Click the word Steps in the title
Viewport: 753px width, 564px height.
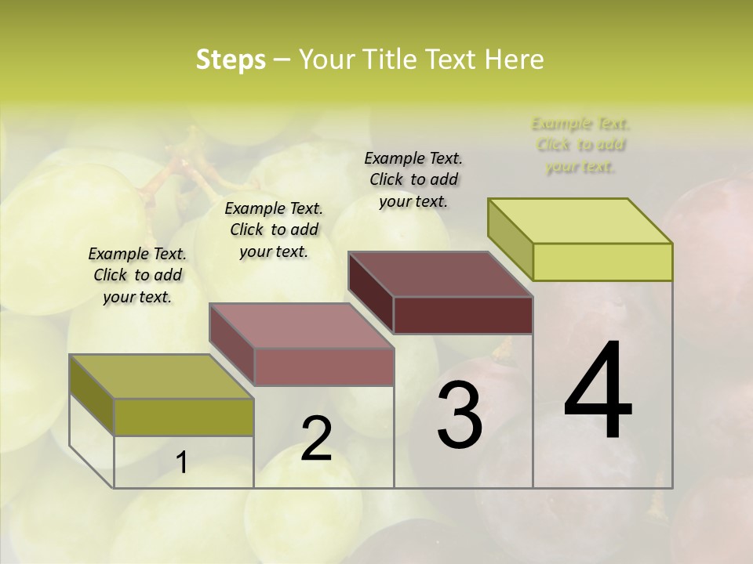pos(231,60)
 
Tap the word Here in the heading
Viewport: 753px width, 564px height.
pos(515,60)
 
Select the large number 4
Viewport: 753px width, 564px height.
pos(598,392)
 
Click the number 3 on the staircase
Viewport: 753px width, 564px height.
pos(460,416)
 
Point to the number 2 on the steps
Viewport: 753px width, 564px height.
pos(316,439)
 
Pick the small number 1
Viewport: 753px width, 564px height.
pos(182,463)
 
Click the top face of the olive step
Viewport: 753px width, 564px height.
pos(162,376)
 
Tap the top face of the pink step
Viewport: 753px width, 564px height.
pos(301,326)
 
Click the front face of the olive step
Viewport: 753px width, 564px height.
pos(184,417)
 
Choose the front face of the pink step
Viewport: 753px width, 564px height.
pos(324,367)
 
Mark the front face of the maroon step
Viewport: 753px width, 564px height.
pos(463,315)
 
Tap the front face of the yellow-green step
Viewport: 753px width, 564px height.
pos(602,262)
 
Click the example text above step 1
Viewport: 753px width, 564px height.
pos(137,275)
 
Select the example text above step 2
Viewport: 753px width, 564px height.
pos(274,230)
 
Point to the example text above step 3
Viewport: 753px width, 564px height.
pos(413,179)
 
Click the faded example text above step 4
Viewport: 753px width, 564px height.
pos(580,145)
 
